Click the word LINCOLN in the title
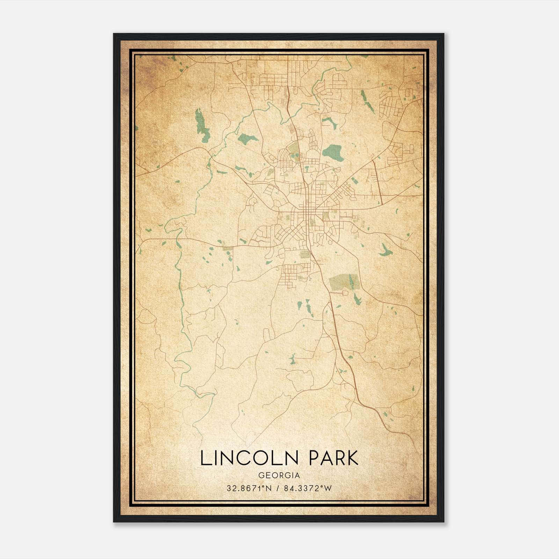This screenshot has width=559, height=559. [x=249, y=458]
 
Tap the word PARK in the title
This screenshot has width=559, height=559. [x=334, y=458]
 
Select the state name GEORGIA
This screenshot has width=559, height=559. [x=279, y=475]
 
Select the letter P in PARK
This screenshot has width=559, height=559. [x=315, y=458]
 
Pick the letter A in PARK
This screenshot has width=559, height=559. [x=327, y=458]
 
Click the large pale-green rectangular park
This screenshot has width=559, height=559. [x=344, y=281]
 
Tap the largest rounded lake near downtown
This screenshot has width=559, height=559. [x=333, y=152]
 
